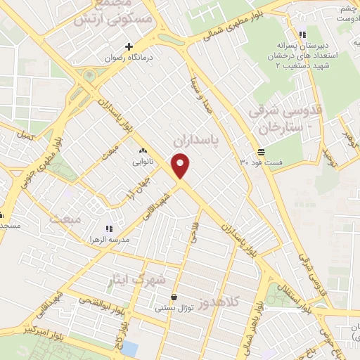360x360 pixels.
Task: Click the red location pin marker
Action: (x=181, y=166)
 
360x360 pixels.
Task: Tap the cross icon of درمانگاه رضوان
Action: (x=129, y=46)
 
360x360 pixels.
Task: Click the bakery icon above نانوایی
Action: (x=143, y=150)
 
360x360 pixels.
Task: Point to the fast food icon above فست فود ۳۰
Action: (x=261, y=151)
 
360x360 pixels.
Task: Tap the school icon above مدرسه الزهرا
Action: (x=108, y=228)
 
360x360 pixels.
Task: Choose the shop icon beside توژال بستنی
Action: (x=174, y=297)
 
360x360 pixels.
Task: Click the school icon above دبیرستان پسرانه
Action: (x=302, y=34)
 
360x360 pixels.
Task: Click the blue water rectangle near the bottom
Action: (x=131, y=347)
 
